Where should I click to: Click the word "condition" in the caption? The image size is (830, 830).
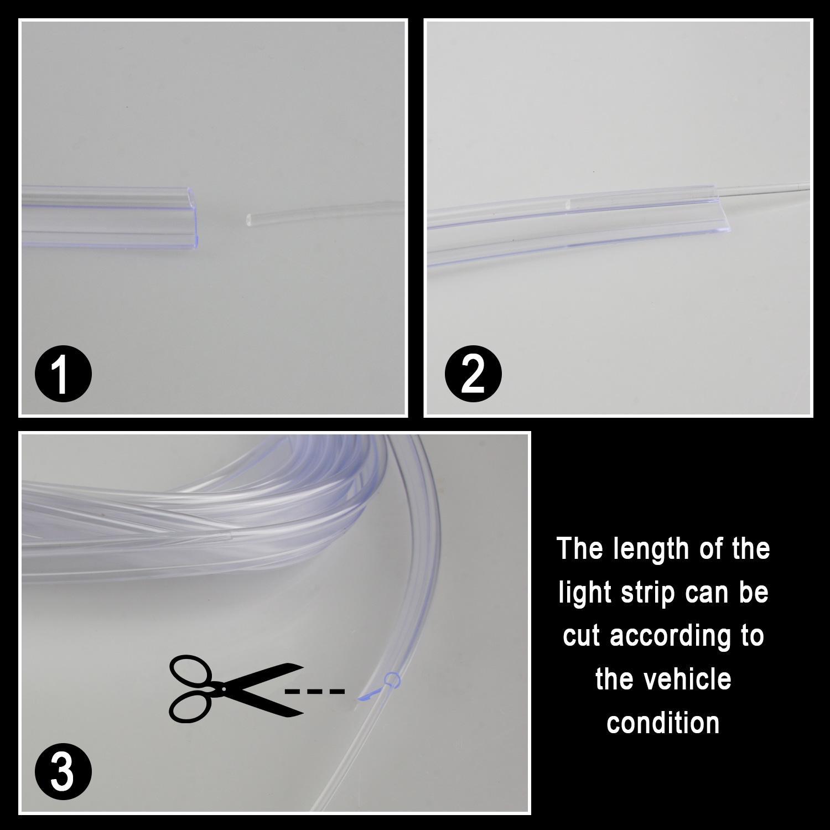coord(663,723)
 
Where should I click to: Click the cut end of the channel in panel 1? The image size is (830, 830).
coord(194,216)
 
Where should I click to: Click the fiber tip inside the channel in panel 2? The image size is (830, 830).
coord(569,204)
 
